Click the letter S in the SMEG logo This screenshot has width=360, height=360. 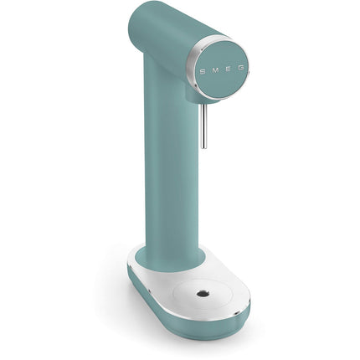click(x=203, y=71)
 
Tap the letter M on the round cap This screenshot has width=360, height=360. click(x=215, y=69)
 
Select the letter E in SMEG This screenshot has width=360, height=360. click(x=228, y=69)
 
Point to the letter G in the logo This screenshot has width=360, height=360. click(x=241, y=68)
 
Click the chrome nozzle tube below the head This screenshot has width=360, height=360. click(x=204, y=126)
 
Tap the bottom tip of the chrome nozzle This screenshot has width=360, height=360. click(x=204, y=147)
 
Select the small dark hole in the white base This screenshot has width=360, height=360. click(x=202, y=293)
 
